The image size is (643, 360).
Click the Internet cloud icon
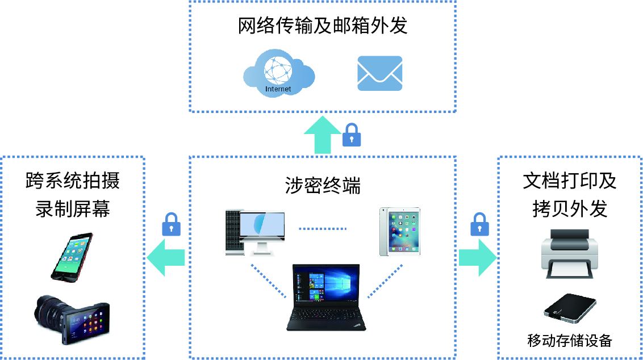(x=278, y=73)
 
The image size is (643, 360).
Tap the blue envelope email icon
(x=379, y=73)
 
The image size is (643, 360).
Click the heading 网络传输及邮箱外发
(x=323, y=26)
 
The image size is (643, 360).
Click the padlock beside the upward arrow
(x=352, y=135)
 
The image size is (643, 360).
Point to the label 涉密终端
(x=323, y=186)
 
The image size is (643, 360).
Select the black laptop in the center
(x=326, y=296)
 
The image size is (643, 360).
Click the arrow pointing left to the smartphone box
(x=166, y=257)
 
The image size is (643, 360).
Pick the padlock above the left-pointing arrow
(x=171, y=224)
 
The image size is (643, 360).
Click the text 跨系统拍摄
(x=73, y=181)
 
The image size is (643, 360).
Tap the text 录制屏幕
(x=73, y=209)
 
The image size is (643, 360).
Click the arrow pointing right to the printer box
(x=477, y=257)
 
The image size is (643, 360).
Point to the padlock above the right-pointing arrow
(x=479, y=224)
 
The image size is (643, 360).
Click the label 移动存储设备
(x=570, y=341)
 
